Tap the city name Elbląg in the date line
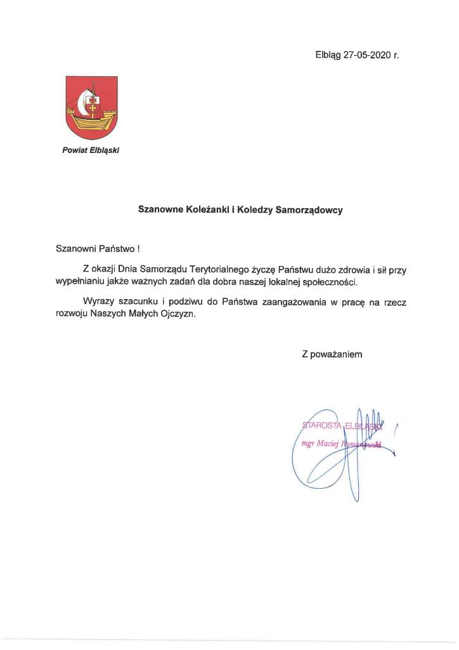click(328, 55)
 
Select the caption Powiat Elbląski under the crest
click(91, 150)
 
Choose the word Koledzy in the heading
click(254, 208)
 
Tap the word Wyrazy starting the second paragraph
click(98, 302)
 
